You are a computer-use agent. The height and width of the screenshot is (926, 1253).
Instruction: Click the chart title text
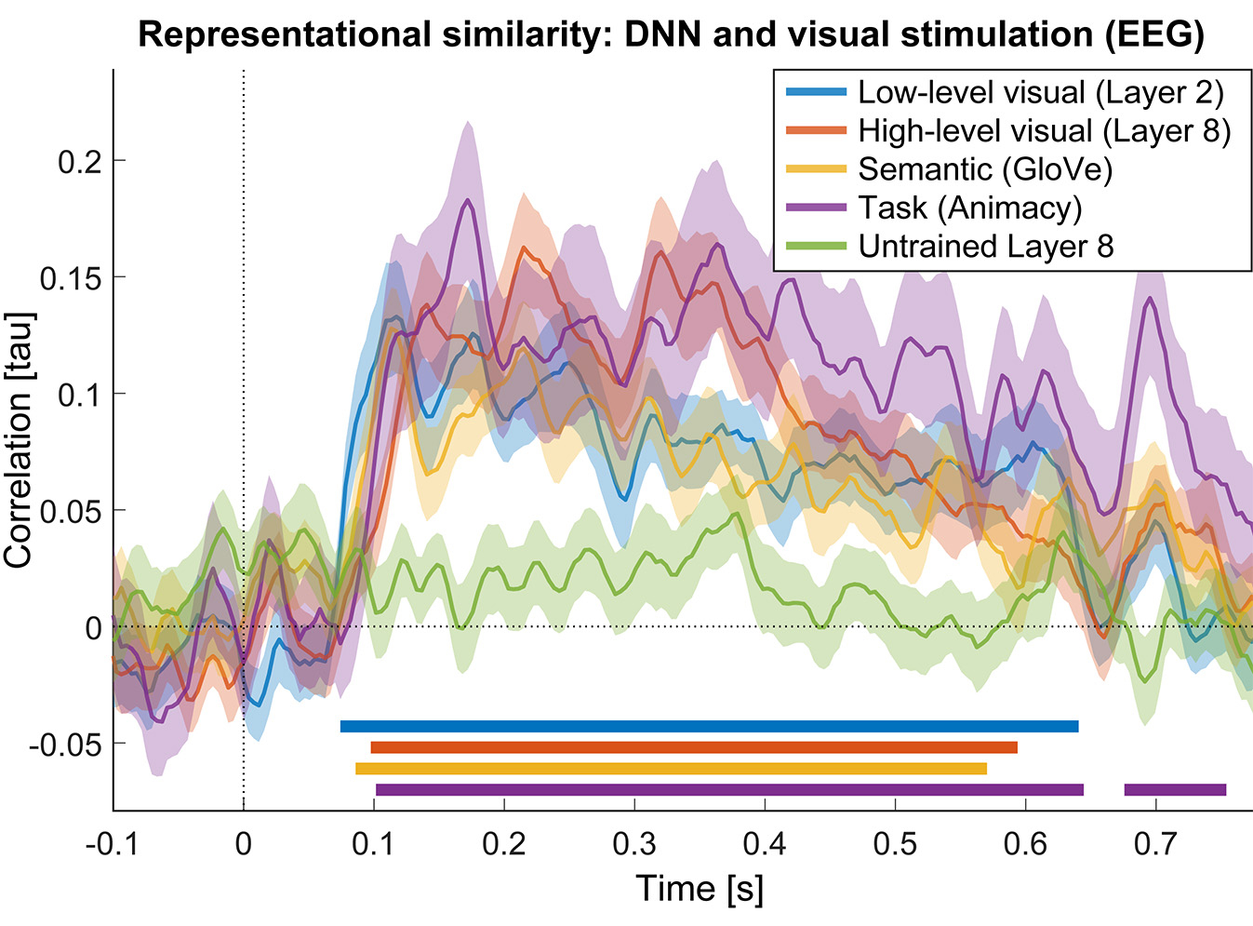(x=671, y=35)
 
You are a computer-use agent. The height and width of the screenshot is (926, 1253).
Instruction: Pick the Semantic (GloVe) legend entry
(x=985, y=169)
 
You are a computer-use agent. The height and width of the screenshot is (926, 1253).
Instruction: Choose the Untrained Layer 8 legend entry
(x=985, y=247)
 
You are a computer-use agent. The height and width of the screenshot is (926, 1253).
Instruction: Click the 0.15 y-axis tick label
(x=71, y=278)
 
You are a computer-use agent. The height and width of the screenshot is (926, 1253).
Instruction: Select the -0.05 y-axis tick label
(x=65, y=745)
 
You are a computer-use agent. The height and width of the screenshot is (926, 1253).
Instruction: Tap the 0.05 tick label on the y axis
(x=71, y=511)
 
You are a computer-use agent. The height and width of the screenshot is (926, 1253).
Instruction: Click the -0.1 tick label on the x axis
(x=113, y=844)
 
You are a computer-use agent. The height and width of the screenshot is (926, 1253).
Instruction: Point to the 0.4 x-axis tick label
(x=765, y=844)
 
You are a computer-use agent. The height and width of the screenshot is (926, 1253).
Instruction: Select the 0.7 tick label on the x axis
(x=1155, y=844)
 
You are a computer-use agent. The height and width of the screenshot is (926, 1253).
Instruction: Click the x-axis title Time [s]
(x=700, y=889)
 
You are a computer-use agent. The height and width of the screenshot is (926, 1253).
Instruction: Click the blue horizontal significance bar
(x=709, y=727)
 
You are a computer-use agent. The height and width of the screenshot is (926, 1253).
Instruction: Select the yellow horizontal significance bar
(x=671, y=769)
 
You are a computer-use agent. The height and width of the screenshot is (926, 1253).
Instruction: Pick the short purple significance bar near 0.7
(x=1175, y=790)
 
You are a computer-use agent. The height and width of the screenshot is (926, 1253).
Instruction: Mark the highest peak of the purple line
(x=468, y=200)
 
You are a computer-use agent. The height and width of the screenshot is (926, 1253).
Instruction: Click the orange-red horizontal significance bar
(x=693, y=747)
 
